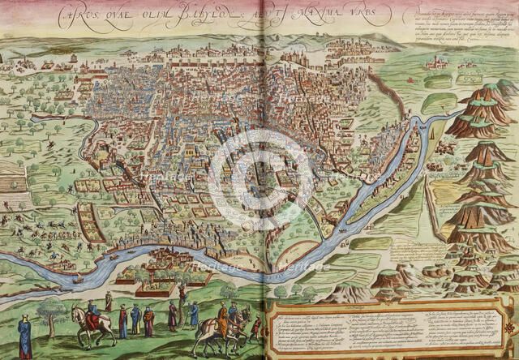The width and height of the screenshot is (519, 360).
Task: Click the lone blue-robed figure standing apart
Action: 25,336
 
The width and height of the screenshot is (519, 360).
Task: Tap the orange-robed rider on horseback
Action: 221,320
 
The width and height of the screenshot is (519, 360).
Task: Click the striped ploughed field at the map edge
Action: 11,182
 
